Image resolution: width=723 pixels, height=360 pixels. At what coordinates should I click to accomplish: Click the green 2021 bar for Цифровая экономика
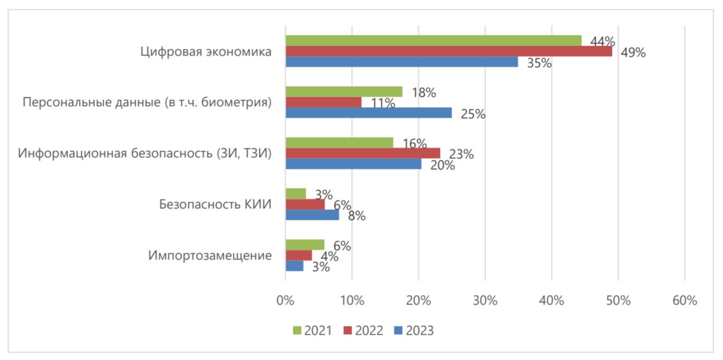[x=433, y=41]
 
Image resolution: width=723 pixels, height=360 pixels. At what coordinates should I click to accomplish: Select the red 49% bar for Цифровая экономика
[x=448, y=51]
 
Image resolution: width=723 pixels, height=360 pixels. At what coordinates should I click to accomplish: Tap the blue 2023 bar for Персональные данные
[x=368, y=113]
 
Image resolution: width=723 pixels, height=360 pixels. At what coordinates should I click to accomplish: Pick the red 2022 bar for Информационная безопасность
[x=363, y=153]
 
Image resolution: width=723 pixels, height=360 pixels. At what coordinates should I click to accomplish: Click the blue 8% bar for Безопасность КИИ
[x=312, y=214]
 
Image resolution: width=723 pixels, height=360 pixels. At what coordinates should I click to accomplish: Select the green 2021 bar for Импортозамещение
[x=304, y=245]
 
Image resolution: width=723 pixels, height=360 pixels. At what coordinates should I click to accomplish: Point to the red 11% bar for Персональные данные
[x=323, y=102]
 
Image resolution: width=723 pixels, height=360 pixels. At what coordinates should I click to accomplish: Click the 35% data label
[x=539, y=63]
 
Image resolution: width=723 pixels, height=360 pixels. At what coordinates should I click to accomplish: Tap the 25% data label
[x=473, y=114]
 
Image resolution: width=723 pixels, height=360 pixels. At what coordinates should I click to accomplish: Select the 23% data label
[x=461, y=154]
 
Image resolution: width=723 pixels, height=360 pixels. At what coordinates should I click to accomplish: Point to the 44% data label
[x=602, y=42]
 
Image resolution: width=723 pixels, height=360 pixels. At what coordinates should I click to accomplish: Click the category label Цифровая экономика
[x=206, y=52]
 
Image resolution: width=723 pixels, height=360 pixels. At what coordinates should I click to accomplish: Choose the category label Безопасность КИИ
[x=215, y=204]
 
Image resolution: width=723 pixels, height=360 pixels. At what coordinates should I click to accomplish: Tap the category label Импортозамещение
[x=210, y=256]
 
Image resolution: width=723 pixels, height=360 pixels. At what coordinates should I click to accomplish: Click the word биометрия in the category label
[x=240, y=103]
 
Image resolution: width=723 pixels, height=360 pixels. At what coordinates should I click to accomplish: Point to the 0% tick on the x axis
[x=285, y=301]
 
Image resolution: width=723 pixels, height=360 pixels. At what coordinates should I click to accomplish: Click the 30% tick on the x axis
[x=485, y=301]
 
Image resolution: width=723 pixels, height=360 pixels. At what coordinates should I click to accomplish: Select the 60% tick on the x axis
[x=684, y=301]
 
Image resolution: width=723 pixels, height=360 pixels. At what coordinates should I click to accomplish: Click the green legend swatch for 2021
[x=297, y=330]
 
